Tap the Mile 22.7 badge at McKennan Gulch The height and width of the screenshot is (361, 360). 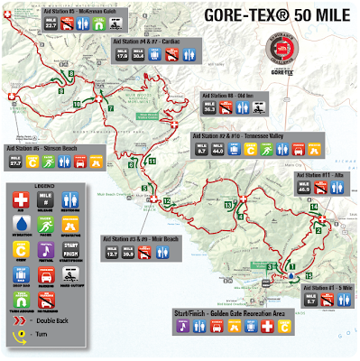[51, 26]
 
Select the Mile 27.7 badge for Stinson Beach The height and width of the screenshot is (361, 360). [15, 162]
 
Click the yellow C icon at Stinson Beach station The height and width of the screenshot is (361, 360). [33, 162]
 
